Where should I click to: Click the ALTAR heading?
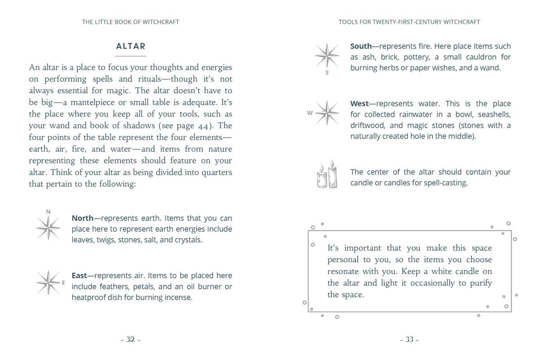(x=130, y=46)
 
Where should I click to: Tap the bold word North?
(x=82, y=218)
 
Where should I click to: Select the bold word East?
(x=79, y=276)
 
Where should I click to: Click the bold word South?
(x=361, y=46)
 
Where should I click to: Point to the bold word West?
(x=359, y=104)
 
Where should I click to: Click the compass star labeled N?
(x=48, y=227)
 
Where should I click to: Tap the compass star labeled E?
(x=48, y=282)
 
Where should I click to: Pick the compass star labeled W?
(x=327, y=113)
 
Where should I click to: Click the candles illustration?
(x=327, y=175)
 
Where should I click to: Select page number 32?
(x=130, y=340)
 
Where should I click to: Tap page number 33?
(x=409, y=340)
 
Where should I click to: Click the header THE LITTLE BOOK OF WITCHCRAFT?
(x=130, y=22)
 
